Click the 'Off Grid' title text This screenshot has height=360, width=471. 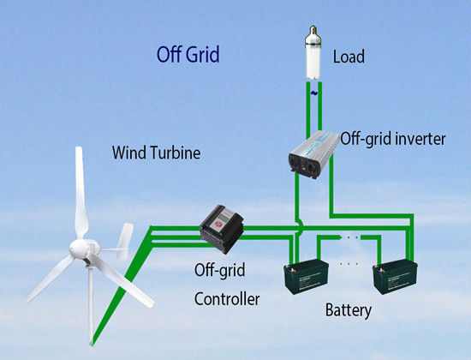click(188, 55)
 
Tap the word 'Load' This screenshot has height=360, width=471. click(349, 57)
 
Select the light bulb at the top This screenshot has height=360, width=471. click(313, 53)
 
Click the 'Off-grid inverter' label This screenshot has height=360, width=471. click(393, 139)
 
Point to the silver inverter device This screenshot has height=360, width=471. click(313, 154)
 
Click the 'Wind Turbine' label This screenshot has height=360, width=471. click(156, 153)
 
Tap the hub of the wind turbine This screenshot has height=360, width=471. click(80, 249)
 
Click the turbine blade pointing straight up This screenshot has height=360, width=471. click(80, 193)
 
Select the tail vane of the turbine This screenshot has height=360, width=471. click(125, 241)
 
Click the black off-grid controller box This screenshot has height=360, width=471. click(222, 229)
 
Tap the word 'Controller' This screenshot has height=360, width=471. click(227, 299)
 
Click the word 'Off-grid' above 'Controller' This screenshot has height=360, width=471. click(219, 270)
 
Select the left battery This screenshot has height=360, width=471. click(306, 276)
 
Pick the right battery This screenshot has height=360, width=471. click(395, 276)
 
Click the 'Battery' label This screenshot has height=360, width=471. click(349, 310)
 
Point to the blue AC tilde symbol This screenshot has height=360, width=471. click(313, 93)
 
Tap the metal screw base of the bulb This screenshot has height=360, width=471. click(313, 31)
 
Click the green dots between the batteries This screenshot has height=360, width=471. click(349, 264)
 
